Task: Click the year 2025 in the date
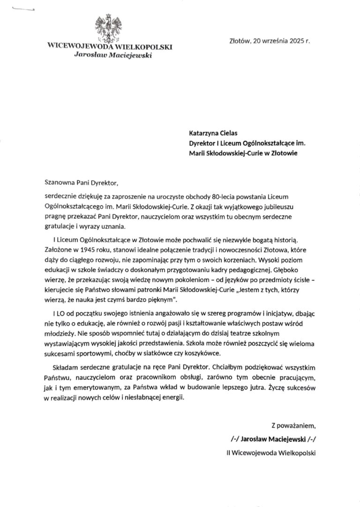click(294, 41)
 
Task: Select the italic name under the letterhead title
click(110, 56)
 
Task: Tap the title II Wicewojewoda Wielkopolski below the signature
click(271, 453)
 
